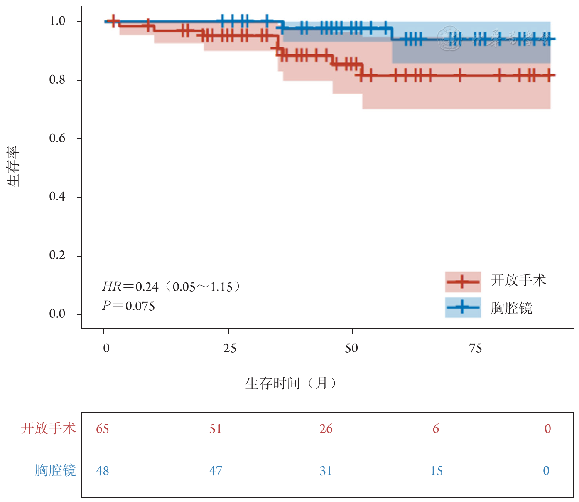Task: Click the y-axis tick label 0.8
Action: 57,80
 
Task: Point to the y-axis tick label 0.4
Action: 57,197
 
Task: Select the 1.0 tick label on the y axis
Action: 57,21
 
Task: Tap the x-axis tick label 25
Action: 229,348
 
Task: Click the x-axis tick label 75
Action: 476,348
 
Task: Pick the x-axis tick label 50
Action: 351,348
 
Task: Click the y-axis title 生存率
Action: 13,166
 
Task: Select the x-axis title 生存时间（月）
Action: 291,383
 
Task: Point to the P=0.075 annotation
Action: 129,307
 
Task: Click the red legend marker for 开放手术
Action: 463,282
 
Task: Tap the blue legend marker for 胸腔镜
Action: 463,307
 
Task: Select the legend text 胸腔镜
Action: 511,308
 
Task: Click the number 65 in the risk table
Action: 103,429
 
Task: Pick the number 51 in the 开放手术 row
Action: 216,429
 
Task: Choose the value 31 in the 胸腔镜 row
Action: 326,471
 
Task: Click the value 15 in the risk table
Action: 437,471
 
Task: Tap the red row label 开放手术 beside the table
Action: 48,428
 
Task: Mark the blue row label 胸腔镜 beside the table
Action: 55,470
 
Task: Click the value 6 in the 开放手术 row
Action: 436,429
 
